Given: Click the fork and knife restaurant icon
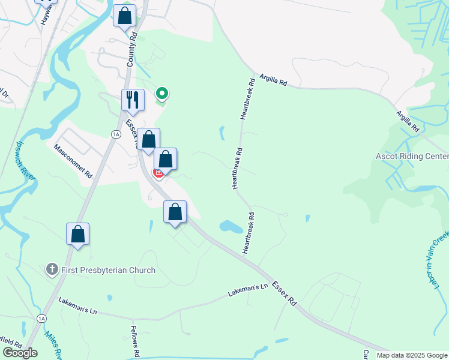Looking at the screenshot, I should tap(133, 100).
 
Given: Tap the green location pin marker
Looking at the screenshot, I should tap(161, 94).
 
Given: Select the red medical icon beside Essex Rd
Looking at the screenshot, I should tap(158, 173).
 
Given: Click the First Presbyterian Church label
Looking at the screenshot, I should tap(108, 271).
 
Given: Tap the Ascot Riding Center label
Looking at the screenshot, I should tap(412, 157).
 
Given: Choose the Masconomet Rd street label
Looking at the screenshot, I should tap(73, 161).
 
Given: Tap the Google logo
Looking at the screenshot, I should tap(20, 353).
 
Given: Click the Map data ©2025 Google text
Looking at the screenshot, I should tap(412, 355).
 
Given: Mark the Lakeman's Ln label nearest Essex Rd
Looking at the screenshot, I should tap(247, 291).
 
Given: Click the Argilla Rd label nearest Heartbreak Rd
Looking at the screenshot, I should tap(274, 81).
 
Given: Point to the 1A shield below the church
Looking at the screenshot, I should tap(41, 318).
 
